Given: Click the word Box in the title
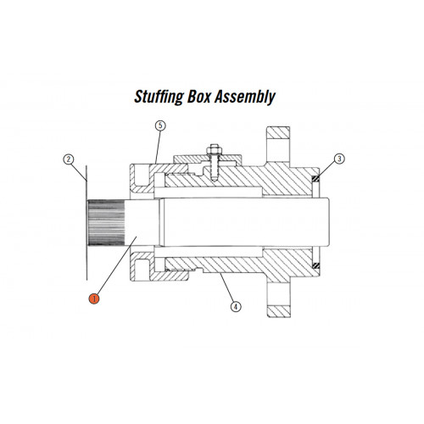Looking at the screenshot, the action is pos(199,97).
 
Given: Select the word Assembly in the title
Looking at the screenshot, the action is pos(245,98).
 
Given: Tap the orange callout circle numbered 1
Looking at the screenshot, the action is pos(94,298).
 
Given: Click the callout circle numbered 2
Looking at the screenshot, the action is pos(69,159).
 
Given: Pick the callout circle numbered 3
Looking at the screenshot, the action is pos(339,159).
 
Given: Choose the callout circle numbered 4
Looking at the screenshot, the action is pos(236,306).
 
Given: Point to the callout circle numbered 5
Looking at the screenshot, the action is pos(160,126).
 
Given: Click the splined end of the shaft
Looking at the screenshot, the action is pos(106,223).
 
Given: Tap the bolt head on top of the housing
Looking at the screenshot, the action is pos(215,148).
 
